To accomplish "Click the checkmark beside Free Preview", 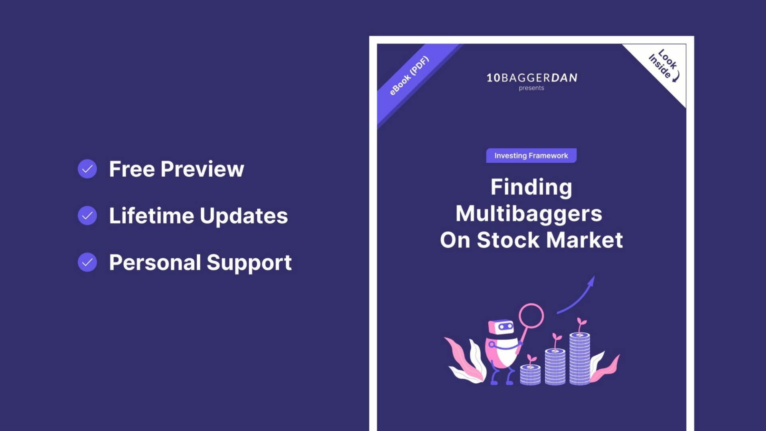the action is click(x=87, y=169).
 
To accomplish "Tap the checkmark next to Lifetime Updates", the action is click(x=87, y=215).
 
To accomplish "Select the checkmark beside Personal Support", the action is click(x=87, y=262).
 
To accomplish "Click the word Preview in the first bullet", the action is click(x=202, y=169).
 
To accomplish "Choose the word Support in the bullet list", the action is click(x=249, y=263).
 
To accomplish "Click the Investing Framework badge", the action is click(x=531, y=156).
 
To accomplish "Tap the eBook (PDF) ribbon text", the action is click(x=409, y=76).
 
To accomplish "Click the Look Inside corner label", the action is click(x=664, y=65).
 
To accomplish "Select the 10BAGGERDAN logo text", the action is click(x=532, y=77).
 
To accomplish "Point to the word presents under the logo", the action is click(x=531, y=88).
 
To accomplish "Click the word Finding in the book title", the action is click(x=531, y=188).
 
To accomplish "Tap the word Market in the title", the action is click(x=584, y=240).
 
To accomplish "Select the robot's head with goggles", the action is click(x=501, y=327).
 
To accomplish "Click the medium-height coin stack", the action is click(x=555, y=367).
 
